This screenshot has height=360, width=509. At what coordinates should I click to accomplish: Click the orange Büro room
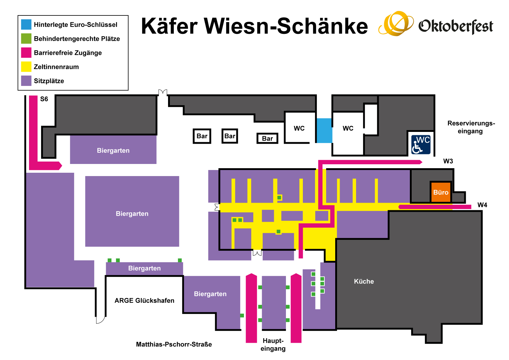[441, 192]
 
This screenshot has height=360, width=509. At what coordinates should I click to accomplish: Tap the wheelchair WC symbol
[421, 145]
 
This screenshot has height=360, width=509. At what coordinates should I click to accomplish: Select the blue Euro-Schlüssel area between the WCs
[324, 130]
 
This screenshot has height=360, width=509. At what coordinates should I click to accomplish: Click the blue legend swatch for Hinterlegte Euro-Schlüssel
[26, 24]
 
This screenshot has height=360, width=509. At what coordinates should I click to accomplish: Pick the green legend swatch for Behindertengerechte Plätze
[26, 38]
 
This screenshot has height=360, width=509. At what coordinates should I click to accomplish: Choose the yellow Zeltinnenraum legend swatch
[26, 67]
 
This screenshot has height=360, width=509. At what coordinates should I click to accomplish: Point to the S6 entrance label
[44, 99]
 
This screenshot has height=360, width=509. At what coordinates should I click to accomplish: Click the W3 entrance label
[448, 161]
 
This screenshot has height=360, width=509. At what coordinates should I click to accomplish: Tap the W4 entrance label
[482, 205]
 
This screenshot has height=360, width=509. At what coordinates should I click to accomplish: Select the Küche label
[364, 281]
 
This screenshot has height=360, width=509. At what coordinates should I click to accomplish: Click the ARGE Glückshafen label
[144, 300]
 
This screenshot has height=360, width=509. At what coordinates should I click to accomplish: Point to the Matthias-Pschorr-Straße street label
[174, 344]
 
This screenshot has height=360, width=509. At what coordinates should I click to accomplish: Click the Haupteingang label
[273, 345]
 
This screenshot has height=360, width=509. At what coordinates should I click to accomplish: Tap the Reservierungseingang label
[471, 127]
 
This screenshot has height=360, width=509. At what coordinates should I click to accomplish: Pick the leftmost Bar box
[202, 136]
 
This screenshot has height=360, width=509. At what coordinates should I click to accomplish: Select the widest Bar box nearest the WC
[267, 138]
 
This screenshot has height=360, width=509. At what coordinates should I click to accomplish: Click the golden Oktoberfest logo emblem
[396, 23]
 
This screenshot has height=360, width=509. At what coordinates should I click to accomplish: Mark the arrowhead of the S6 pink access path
[60, 165]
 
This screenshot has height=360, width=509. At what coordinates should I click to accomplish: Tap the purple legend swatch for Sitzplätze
[26, 81]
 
